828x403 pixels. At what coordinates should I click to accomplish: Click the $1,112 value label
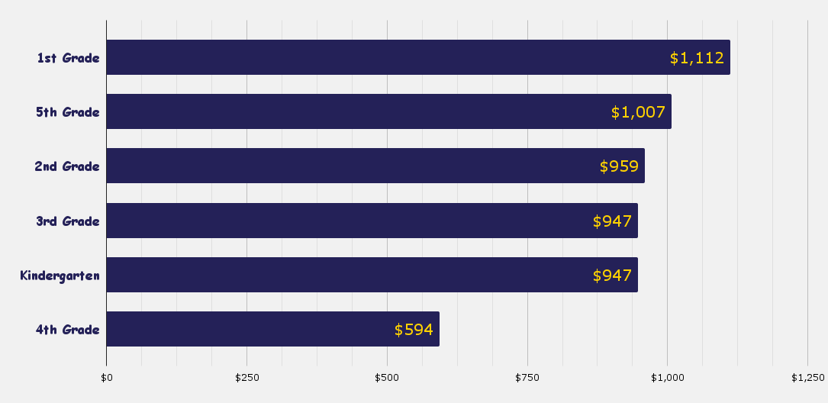(x=697, y=58)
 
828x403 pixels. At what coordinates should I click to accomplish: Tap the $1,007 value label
(x=638, y=112)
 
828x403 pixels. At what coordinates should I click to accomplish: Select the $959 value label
(x=619, y=166)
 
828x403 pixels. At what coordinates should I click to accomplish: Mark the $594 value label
(x=414, y=330)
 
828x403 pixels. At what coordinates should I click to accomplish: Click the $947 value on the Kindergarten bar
(x=612, y=276)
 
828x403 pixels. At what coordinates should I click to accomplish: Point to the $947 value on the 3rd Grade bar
(x=612, y=221)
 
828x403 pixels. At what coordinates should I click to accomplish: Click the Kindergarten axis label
(x=60, y=276)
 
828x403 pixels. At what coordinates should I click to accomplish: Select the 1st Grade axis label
(x=69, y=58)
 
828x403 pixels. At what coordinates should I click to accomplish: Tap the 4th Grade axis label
(x=68, y=330)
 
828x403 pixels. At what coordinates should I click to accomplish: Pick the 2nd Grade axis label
(x=67, y=166)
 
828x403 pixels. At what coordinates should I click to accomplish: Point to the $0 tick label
(x=107, y=378)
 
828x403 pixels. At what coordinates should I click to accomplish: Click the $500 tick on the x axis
(x=387, y=378)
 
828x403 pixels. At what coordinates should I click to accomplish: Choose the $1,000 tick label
(x=668, y=378)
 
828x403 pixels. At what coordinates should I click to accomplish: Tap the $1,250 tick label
(x=807, y=378)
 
